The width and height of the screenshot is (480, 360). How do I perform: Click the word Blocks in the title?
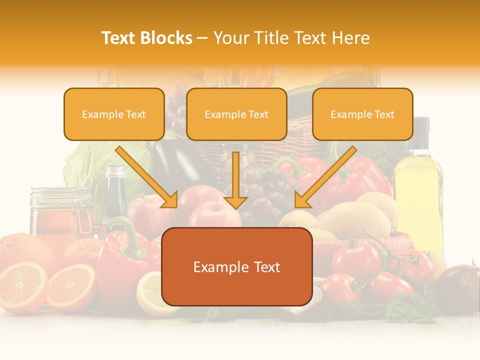pyautogui.click(x=167, y=38)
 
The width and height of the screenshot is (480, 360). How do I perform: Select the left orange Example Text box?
pyautogui.click(x=114, y=114)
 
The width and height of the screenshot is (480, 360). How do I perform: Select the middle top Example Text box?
pyautogui.click(x=236, y=114)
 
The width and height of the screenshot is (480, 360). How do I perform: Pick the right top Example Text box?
pyautogui.click(x=362, y=114)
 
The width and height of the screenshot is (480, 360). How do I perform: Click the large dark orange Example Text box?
pyautogui.click(x=237, y=267)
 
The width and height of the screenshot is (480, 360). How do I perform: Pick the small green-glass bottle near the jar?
pyautogui.click(x=114, y=200)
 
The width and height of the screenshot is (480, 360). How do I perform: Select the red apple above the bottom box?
pyautogui.click(x=212, y=212)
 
